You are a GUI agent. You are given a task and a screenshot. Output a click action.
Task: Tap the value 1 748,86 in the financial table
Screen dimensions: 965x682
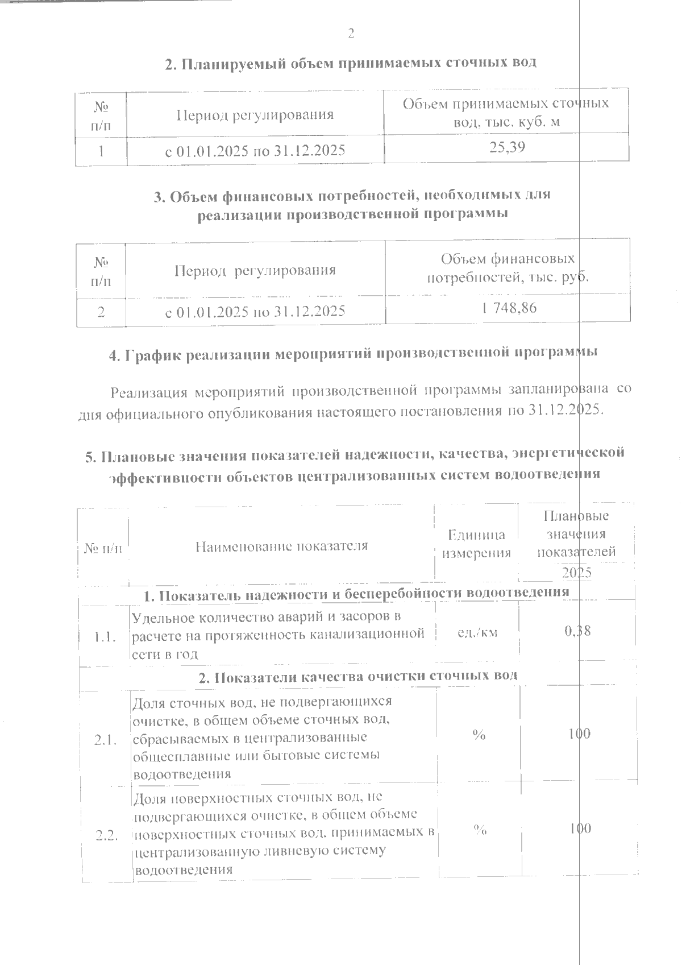[x=508, y=308]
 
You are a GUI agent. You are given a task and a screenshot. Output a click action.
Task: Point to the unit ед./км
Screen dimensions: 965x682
[x=477, y=631]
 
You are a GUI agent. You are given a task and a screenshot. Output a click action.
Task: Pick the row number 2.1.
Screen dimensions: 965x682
[x=106, y=740]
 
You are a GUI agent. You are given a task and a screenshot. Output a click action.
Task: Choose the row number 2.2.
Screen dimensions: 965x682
[x=106, y=835]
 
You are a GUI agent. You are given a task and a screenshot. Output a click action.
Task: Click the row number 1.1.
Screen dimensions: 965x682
[x=106, y=636]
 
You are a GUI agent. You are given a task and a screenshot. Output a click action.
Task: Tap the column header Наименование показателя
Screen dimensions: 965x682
[x=281, y=546]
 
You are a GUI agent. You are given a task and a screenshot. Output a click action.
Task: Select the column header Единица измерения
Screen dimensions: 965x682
[x=476, y=544]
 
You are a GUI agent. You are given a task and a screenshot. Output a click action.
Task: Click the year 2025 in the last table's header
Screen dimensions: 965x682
[x=577, y=572]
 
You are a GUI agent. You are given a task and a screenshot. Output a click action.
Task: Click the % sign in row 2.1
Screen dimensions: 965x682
[x=479, y=735]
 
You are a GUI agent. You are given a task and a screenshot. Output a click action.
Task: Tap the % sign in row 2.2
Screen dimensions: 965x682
[x=480, y=830]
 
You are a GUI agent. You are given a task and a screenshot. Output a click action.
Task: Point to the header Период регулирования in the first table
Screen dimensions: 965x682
[x=255, y=115]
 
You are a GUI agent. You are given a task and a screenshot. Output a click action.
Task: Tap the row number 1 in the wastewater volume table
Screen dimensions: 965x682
[x=101, y=151]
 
